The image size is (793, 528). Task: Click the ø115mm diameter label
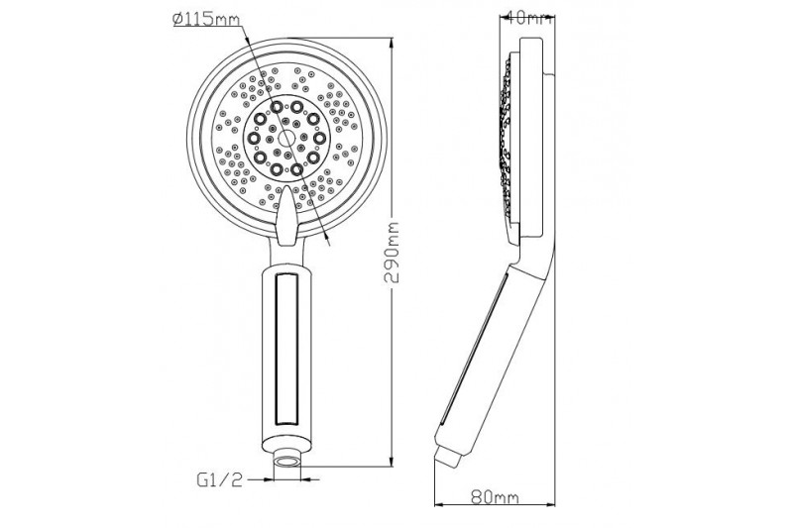click(206, 20)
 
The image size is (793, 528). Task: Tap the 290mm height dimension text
click(392, 252)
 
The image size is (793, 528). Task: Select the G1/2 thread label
click(219, 479)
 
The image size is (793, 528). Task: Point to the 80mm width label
click(495, 497)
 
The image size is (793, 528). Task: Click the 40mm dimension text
click(528, 19)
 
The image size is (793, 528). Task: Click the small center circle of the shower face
click(286, 138)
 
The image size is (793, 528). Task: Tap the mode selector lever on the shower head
click(286, 216)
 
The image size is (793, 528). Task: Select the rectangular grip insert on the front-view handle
click(286, 349)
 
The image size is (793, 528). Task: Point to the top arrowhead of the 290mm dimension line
click(392, 43)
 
